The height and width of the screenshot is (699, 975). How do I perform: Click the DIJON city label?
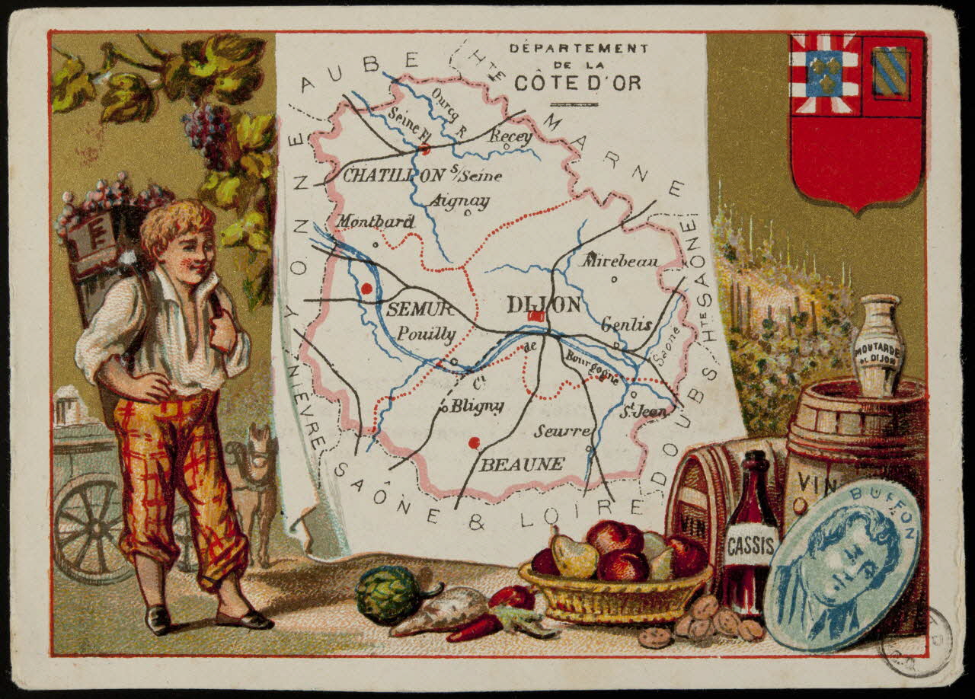543,305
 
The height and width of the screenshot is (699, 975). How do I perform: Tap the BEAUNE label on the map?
522,464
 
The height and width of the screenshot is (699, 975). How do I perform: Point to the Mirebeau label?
620,260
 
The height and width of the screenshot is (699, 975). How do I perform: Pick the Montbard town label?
376,222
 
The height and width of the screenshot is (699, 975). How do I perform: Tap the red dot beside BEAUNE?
474,442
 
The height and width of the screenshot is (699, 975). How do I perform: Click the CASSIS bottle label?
751,545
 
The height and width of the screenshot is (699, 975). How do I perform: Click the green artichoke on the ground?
387,595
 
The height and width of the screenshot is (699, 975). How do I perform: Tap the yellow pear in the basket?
575,557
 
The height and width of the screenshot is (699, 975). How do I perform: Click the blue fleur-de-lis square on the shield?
824,73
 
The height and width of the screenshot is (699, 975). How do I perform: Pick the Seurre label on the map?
562,431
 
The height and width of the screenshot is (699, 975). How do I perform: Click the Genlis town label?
626,324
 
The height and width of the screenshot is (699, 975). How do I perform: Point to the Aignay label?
459,201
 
